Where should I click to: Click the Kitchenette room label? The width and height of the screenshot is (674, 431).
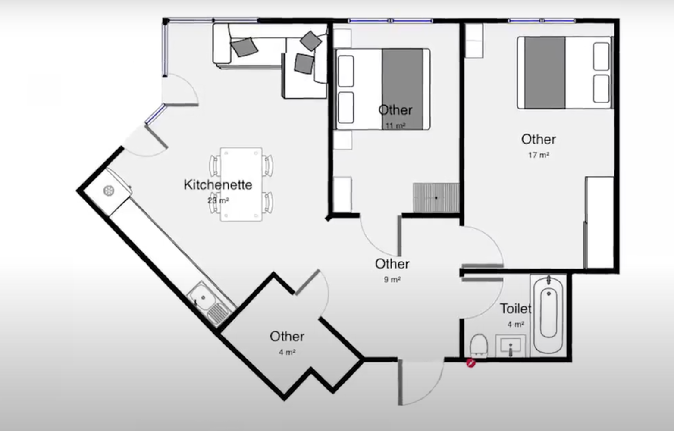(218, 184)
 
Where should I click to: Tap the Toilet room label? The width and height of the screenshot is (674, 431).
(515, 309)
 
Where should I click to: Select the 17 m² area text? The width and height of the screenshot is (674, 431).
(539, 155)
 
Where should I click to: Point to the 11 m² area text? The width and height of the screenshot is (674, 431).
(395, 126)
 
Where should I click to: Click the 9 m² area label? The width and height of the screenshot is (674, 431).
(392, 280)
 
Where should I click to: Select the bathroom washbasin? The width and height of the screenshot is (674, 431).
(510, 346)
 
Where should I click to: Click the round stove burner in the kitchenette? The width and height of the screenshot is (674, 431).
(109, 191)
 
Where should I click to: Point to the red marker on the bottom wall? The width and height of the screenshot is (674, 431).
(471, 363)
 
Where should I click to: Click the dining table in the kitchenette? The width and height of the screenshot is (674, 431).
(241, 184)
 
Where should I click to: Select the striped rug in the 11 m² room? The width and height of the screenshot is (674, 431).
(436, 197)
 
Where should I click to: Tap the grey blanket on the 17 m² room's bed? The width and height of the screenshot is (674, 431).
(545, 72)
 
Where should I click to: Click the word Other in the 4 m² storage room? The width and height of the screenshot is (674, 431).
(287, 336)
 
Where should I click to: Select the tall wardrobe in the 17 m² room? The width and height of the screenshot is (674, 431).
(600, 222)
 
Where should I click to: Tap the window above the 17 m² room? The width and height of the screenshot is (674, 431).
(541, 21)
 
